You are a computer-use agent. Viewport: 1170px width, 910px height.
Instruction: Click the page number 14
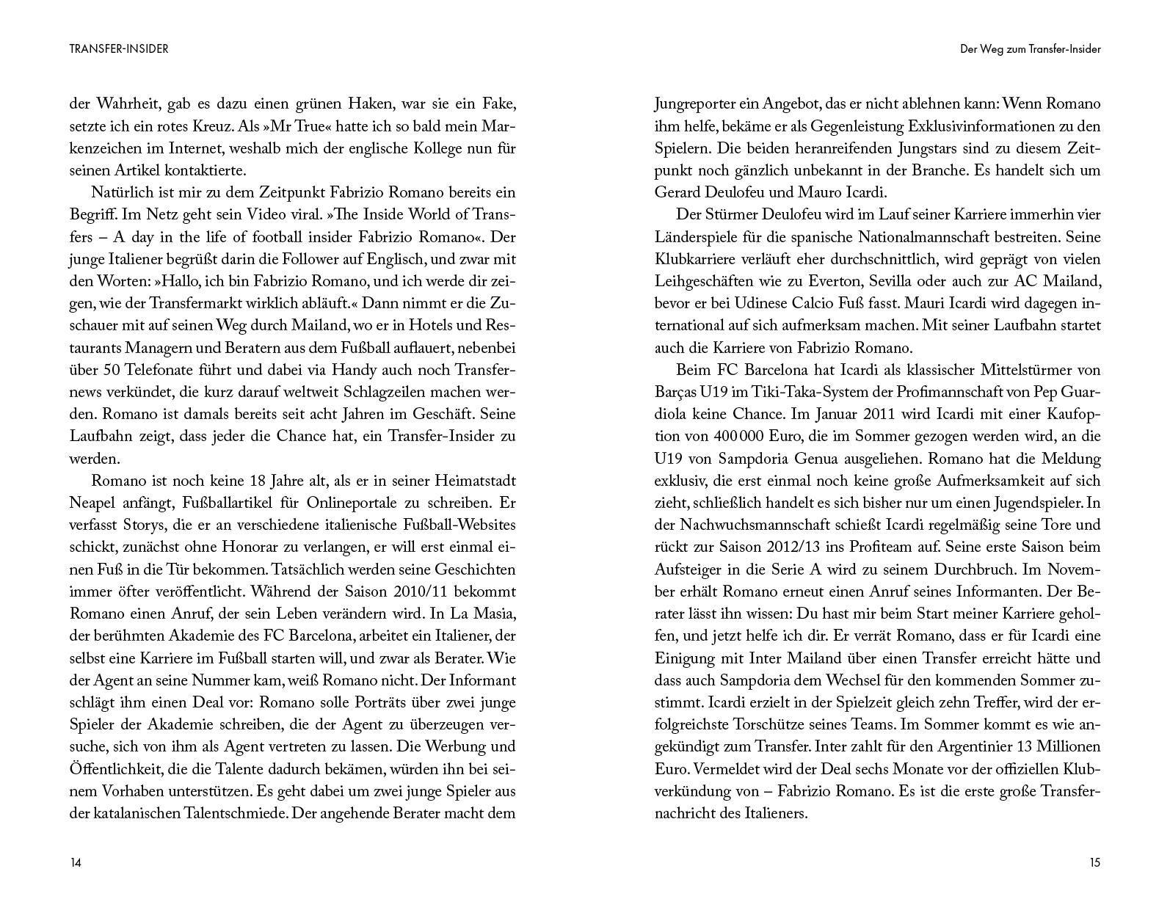tap(76, 863)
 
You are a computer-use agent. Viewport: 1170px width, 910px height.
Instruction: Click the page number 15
tap(1094, 863)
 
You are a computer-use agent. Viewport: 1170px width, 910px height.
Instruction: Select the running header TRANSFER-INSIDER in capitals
tap(119, 49)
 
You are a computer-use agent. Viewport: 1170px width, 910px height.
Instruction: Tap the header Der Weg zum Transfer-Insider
tap(1031, 49)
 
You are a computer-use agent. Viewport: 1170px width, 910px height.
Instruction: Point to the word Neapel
tap(94, 503)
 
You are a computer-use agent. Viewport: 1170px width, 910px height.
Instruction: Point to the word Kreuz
tap(216, 125)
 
